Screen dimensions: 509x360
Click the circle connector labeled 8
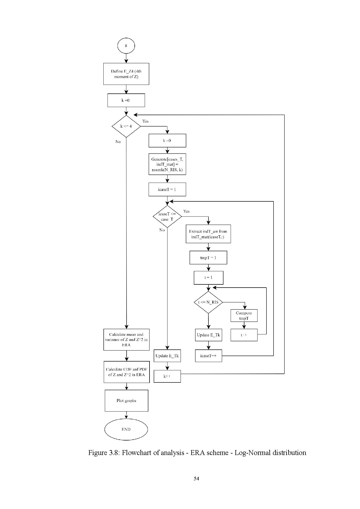point(126,46)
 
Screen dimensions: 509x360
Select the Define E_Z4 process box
point(126,74)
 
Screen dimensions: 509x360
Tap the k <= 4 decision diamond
point(126,126)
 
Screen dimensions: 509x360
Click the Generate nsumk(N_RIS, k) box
point(167,164)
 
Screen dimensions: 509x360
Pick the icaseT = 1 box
point(167,189)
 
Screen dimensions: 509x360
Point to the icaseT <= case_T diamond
point(167,216)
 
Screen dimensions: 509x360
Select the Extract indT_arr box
point(208,234)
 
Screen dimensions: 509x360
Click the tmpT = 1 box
point(208,258)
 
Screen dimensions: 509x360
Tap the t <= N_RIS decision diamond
point(208,302)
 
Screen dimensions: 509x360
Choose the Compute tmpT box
point(244,315)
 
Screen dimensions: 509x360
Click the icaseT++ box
point(208,356)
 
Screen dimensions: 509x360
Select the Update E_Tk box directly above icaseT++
point(208,335)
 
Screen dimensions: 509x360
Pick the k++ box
point(167,376)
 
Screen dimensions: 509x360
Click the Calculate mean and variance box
point(126,340)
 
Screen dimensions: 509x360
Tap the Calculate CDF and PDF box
point(127,372)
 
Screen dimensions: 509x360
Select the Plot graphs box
point(126,401)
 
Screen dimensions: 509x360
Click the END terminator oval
point(126,429)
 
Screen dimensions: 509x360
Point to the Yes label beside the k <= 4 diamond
point(145,121)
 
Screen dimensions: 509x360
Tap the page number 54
point(196,479)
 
